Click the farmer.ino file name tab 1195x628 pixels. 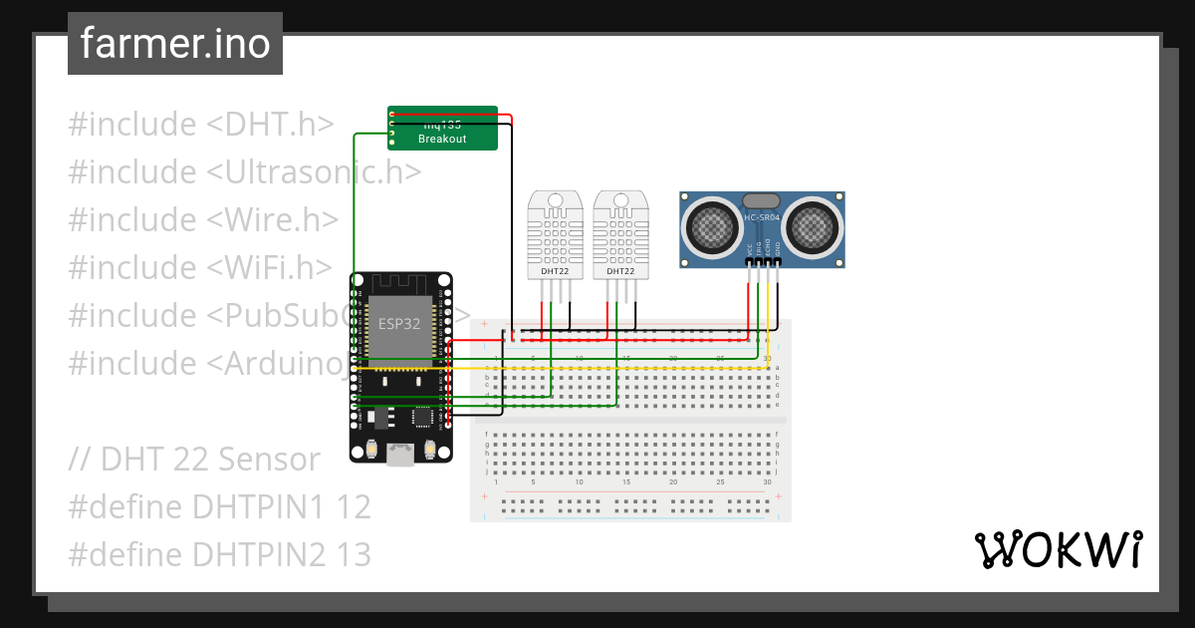[x=174, y=44]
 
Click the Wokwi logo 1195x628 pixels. [x=1057, y=550]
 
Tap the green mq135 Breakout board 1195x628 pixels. [x=442, y=128]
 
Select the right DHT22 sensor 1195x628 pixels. [x=620, y=234]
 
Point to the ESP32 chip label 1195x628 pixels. [x=399, y=324]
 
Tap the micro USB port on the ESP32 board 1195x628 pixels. [x=400, y=456]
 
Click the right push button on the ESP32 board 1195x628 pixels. [x=430, y=450]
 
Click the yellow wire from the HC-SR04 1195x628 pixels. [x=768, y=319]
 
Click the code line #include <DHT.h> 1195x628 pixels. [x=200, y=125]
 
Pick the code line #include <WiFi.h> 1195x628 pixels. [x=200, y=268]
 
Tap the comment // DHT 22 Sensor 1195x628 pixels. [x=195, y=460]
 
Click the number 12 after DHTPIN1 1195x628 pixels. [x=354, y=507]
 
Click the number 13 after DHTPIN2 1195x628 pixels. [x=354, y=554]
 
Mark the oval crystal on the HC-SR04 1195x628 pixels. [x=762, y=200]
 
